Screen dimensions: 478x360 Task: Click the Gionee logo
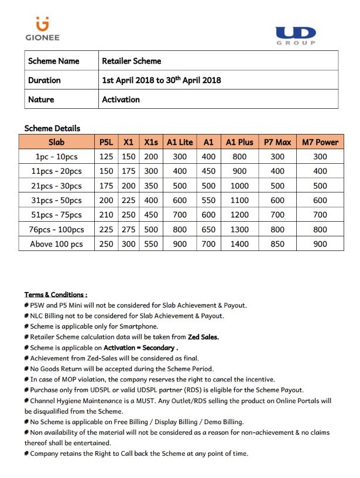[x=42, y=29]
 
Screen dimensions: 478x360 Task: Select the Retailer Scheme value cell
[x=132, y=61]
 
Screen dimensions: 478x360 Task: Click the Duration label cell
[x=44, y=80]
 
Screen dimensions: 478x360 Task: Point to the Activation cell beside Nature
[x=121, y=99]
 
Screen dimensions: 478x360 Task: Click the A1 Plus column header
[x=239, y=142]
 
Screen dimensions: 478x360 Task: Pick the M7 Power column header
[x=320, y=142]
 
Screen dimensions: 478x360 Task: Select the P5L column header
[x=106, y=142]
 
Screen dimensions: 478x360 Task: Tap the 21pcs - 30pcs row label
[x=56, y=185]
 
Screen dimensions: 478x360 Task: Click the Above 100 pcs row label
[x=56, y=244]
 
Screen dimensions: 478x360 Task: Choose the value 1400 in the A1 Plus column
[x=239, y=244]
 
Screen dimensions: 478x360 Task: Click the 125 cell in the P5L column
[x=106, y=157]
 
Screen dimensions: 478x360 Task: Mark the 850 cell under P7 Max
[x=277, y=244]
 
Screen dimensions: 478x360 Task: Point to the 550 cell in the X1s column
[x=151, y=244]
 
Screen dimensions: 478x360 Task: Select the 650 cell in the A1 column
[x=208, y=229]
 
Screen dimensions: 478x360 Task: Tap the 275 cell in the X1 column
[x=129, y=229]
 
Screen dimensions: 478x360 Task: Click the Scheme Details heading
[x=52, y=128]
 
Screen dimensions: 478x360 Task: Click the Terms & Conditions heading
[x=56, y=294]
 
